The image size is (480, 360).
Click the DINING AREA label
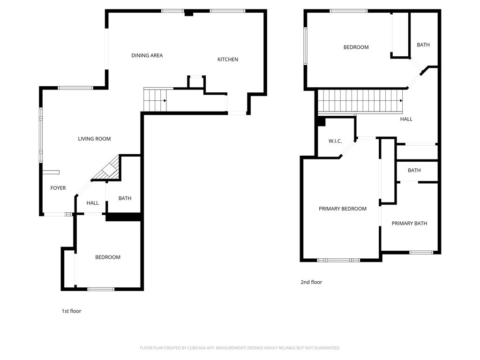point(147,55)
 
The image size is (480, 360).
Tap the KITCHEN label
point(228,60)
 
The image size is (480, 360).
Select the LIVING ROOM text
point(94,139)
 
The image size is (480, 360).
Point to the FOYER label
point(58,188)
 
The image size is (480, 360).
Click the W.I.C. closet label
point(335,141)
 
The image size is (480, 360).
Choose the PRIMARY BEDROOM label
point(343,209)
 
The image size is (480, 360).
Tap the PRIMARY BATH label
point(409,224)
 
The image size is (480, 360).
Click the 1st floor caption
point(71,311)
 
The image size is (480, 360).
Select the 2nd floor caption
point(311,282)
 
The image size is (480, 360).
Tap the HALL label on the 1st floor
point(92,203)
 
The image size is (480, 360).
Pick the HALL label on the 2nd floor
point(406,119)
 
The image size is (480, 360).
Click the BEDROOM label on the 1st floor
point(108,257)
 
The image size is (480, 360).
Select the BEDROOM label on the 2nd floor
point(356,47)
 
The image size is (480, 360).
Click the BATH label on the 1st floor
point(125,198)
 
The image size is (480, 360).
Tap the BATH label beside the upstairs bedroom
point(423,45)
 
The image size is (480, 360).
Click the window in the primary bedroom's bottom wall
point(338,260)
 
